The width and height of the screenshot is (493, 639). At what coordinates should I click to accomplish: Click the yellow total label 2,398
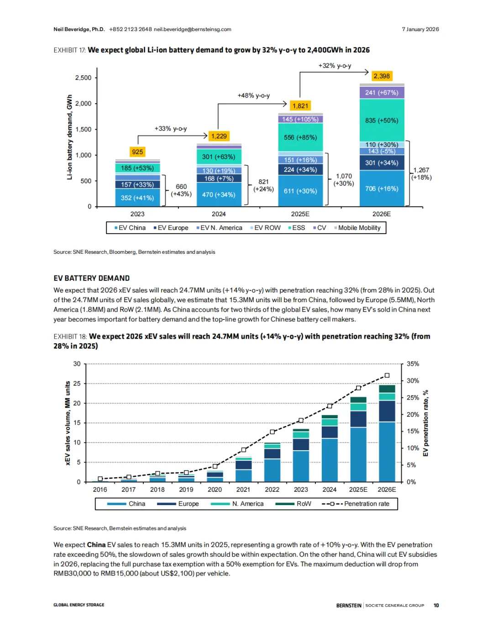382,76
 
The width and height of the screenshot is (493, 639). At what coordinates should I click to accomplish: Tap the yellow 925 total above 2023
137,152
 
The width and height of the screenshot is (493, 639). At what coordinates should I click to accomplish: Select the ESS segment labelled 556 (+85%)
300,137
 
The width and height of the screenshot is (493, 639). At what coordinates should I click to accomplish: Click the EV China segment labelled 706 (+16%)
382,188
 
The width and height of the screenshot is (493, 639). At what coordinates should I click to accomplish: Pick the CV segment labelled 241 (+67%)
382,92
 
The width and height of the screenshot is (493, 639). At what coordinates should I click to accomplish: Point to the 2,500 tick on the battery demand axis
84,78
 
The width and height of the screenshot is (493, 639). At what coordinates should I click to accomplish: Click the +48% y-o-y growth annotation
253,96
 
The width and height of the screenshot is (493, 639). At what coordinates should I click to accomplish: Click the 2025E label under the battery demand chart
300,214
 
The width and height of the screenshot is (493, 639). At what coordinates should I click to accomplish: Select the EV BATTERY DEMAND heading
91,278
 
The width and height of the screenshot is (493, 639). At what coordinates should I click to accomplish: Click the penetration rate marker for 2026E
387,375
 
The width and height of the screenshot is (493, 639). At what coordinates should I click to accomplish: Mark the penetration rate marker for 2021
244,450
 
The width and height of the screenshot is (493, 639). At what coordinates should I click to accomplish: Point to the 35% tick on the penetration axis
413,364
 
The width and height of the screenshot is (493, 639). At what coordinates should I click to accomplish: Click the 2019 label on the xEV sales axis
186,490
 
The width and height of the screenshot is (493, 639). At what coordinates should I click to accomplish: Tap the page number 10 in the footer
436,605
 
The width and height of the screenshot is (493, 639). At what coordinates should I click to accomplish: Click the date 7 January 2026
420,29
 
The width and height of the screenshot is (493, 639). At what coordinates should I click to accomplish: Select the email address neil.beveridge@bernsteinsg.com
193,29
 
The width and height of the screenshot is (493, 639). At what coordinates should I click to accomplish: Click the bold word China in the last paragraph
96,545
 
